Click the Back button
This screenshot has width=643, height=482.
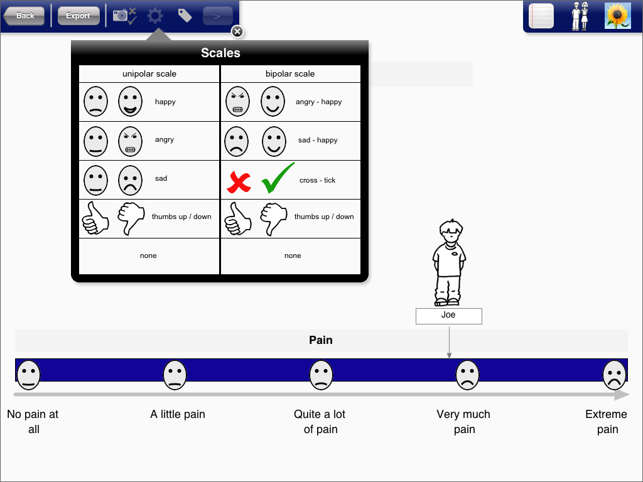coord(24,16)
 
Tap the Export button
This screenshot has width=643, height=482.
coord(78,16)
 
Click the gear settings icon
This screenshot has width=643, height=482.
coord(155,16)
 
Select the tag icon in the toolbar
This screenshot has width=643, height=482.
coord(185,16)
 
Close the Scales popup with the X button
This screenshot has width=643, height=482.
coord(237,31)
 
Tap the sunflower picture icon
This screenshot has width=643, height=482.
coord(618,16)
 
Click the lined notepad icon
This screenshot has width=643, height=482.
coord(541,16)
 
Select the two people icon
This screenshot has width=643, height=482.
coord(580,16)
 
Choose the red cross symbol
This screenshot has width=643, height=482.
coord(239,183)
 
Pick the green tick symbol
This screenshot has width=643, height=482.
coord(278,178)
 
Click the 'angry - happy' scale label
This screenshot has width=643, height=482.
coord(318,102)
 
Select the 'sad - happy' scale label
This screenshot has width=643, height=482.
coord(318,140)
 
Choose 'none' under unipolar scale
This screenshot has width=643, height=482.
coord(148,256)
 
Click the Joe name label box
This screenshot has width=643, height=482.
coord(448,316)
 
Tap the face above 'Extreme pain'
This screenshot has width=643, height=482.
coord(614,375)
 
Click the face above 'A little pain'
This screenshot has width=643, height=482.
coord(175,375)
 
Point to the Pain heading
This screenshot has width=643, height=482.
coord(321,340)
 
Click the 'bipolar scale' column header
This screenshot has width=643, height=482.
coord(290,74)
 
